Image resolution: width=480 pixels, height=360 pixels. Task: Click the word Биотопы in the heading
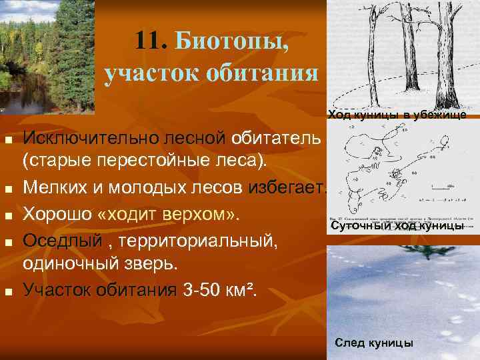pyautogui.click(x=232, y=43)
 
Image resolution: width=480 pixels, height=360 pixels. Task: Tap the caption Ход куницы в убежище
pyautogui.click(x=396, y=115)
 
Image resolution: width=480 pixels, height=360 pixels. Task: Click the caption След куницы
pyautogui.click(x=374, y=343)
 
